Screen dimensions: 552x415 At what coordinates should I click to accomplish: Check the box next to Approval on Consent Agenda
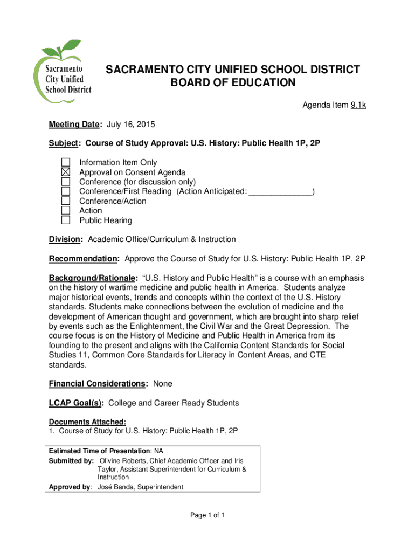tap(66, 172)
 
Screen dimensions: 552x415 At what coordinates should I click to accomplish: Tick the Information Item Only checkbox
tap(66, 162)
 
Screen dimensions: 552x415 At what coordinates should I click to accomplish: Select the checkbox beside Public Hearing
tap(66, 220)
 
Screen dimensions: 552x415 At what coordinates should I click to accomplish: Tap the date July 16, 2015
tap(130, 125)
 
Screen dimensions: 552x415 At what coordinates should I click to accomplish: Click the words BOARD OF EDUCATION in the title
tap(233, 83)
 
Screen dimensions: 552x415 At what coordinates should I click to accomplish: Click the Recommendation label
tap(84, 259)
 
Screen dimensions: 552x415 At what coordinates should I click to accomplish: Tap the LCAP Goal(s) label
tap(76, 403)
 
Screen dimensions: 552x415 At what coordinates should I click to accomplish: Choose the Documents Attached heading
tap(87, 422)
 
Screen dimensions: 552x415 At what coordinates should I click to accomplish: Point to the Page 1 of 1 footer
tap(207, 515)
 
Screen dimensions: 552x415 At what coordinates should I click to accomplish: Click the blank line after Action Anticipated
tap(281, 192)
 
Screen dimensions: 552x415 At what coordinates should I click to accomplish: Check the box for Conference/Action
tap(66, 201)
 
